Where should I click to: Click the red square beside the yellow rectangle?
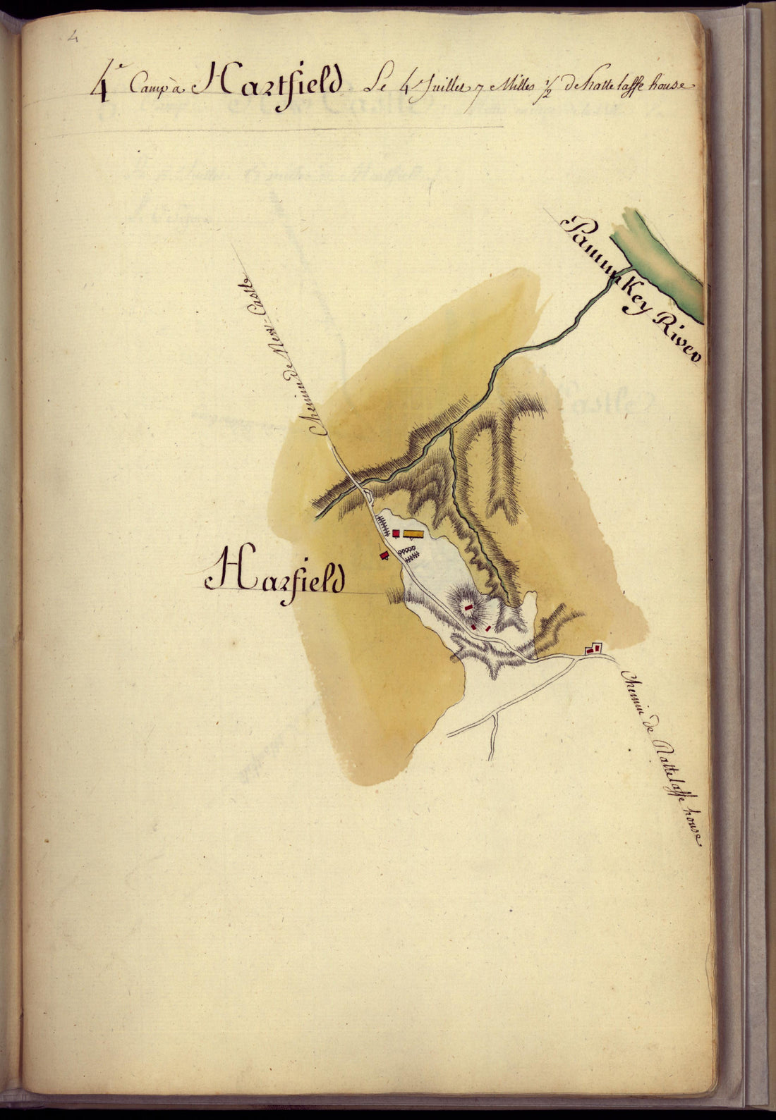(396, 534)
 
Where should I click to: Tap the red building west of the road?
(384, 556)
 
